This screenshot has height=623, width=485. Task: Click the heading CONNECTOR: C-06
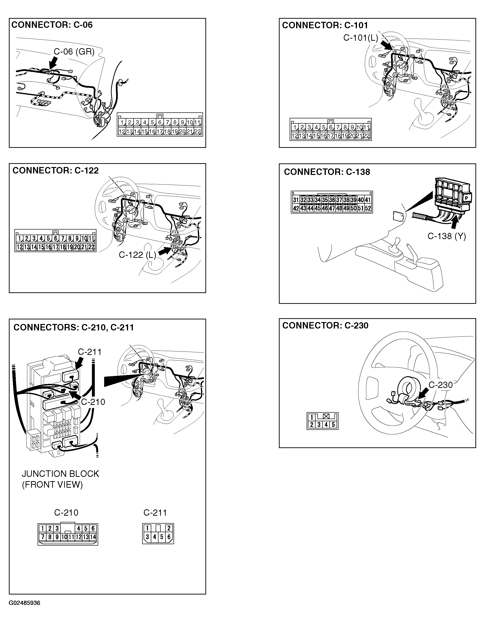click(52, 25)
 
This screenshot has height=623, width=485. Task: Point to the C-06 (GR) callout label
click(74, 51)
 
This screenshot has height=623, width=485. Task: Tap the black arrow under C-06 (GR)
click(53, 63)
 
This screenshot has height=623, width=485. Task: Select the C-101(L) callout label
click(361, 38)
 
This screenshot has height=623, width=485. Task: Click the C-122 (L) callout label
click(137, 255)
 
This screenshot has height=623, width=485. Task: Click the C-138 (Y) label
click(446, 236)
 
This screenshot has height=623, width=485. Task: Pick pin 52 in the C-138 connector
click(368, 208)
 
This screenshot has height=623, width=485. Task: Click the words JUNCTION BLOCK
click(60, 474)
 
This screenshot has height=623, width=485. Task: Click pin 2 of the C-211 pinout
click(169, 528)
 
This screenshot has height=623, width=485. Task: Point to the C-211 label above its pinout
click(155, 513)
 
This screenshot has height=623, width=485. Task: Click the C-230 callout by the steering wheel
click(440, 385)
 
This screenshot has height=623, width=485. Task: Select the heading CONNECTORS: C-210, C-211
click(74, 328)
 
